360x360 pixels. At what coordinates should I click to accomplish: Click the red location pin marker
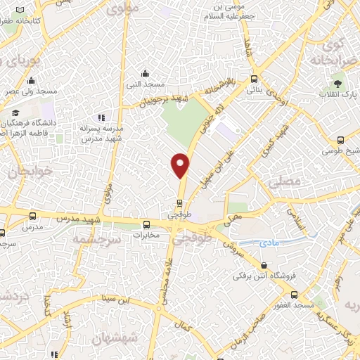point(181,165)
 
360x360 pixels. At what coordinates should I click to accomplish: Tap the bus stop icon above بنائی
point(254,79)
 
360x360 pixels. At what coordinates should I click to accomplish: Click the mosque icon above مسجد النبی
point(145,72)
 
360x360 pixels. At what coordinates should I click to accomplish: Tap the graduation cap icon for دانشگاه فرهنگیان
point(14,113)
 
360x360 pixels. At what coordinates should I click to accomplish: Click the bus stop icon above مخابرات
point(146,225)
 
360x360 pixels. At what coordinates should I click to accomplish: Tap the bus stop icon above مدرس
point(33,215)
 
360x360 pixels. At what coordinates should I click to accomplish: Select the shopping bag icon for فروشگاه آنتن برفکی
point(264,265)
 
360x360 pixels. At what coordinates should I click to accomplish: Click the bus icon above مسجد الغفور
point(295,295)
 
